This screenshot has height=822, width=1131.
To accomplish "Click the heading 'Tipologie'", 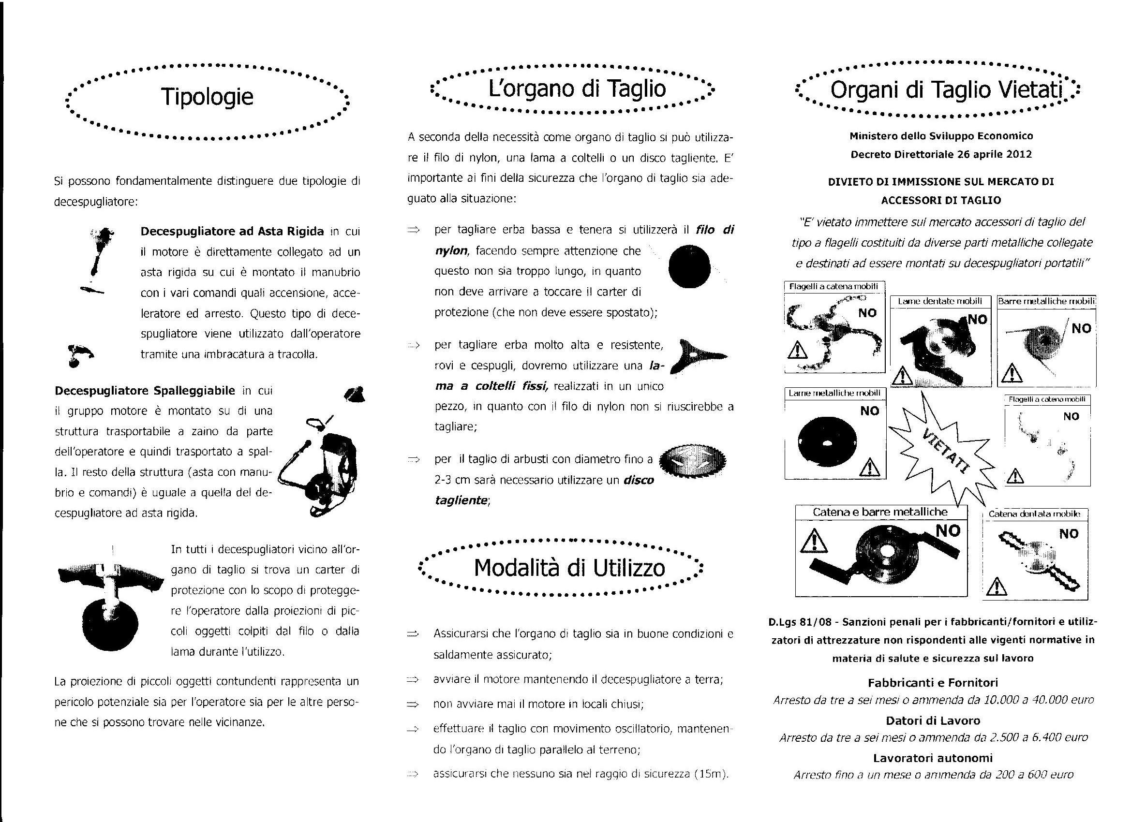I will pyautogui.click(x=207, y=97).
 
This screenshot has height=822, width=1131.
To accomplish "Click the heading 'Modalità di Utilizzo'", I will pyautogui.click(x=569, y=567).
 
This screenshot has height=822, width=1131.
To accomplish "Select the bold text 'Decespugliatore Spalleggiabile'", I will pyautogui.click(x=145, y=390).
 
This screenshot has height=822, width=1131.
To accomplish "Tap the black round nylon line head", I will pyautogui.click(x=689, y=266).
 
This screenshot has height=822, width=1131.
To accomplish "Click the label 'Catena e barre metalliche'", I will pyautogui.click(x=880, y=512).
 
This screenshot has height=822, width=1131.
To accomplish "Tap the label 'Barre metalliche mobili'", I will pyautogui.click(x=1046, y=301).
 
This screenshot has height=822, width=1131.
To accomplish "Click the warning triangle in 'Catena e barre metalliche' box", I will pyautogui.click(x=813, y=542).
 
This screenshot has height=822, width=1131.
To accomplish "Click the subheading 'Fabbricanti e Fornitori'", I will pyautogui.click(x=933, y=682).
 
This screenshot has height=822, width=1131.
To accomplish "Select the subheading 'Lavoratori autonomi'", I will pyautogui.click(x=933, y=758).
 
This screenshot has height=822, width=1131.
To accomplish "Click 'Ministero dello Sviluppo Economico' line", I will pyautogui.click(x=941, y=135).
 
